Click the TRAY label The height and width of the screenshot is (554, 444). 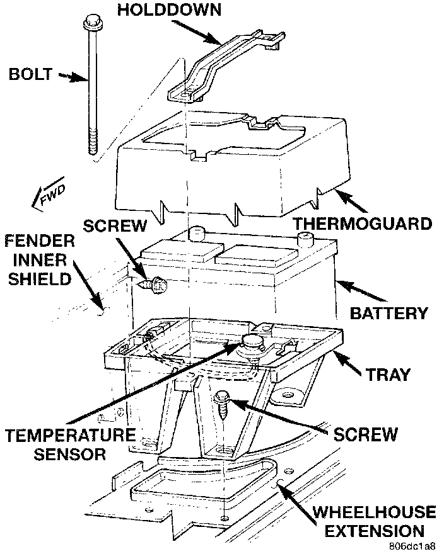(388, 375)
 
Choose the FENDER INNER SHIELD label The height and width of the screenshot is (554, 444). (40, 259)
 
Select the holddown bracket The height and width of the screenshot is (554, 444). (220, 66)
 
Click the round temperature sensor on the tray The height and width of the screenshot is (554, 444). (251, 343)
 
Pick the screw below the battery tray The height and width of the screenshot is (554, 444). (221, 404)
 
